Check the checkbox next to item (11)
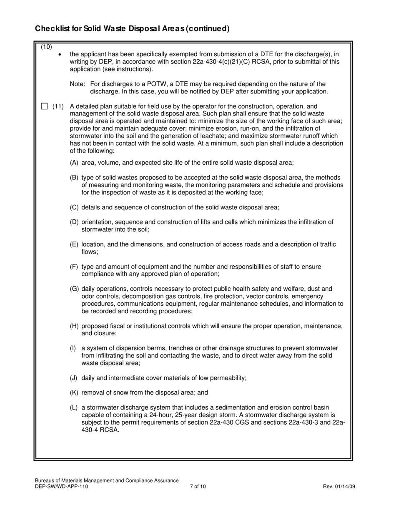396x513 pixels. (45, 106)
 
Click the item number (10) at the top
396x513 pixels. (46, 46)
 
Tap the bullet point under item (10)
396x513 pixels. (60, 54)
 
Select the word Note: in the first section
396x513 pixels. (78, 84)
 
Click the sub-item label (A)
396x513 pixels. (74, 163)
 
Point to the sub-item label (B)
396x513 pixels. (74, 178)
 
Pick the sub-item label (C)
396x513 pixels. (74, 207)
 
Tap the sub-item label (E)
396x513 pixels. (74, 244)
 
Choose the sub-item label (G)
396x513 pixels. (75, 289)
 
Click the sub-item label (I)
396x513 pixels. (73, 348)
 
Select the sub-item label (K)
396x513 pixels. (74, 392)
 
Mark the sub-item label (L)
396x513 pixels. (74, 407)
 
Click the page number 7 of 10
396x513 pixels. (198, 486)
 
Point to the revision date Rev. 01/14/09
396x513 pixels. (339, 486)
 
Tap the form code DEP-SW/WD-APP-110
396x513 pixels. (61, 486)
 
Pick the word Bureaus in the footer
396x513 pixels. (45, 480)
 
